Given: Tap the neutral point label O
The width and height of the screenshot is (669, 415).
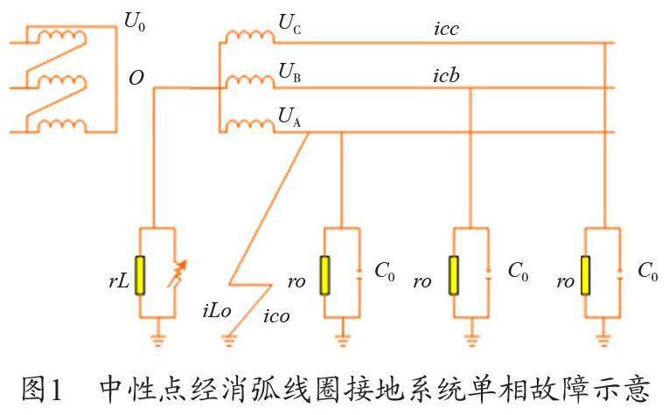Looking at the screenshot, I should coord(136,78).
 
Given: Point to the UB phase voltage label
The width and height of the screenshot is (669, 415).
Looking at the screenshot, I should coord(289,70).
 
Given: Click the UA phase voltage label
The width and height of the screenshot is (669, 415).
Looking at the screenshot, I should coord(289,116).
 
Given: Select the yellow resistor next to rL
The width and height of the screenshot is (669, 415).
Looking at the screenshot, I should coord(140,276).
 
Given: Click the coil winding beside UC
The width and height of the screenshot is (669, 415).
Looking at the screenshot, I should coord(249,36).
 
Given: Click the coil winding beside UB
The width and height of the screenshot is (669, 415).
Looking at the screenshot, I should coord(249,80).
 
